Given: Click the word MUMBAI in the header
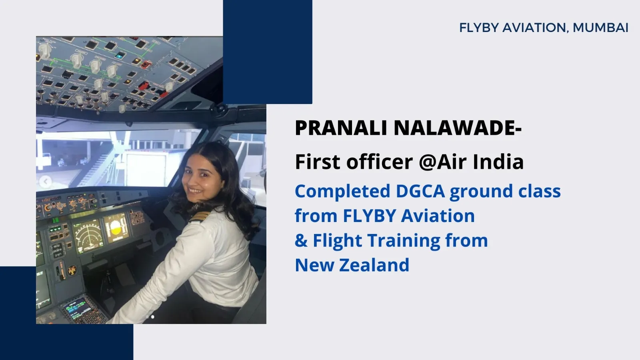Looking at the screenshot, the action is click(x=600, y=28).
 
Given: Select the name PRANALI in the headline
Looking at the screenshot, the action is click(x=342, y=128).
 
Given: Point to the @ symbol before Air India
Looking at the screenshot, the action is click(x=428, y=162).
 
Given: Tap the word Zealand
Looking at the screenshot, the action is click(x=374, y=265).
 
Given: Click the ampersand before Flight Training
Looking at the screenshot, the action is click(x=301, y=240).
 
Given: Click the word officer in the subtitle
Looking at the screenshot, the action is click(x=380, y=162).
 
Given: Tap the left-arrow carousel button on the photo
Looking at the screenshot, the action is click(x=45, y=182).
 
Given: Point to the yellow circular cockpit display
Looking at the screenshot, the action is click(x=116, y=228).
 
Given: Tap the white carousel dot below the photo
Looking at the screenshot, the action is click(x=152, y=316).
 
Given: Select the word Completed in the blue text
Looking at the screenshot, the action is click(x=342, y=192).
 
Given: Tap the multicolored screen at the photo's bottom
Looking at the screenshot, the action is click(x=75, y=308).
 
